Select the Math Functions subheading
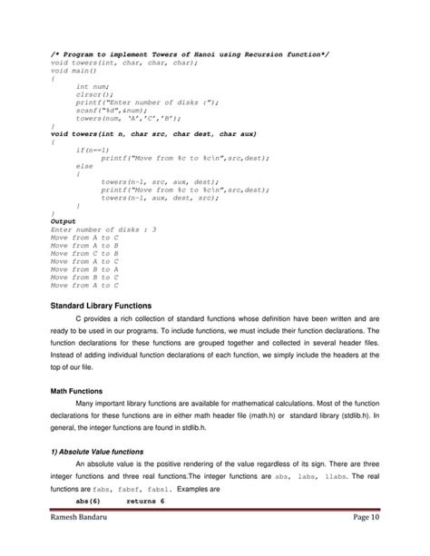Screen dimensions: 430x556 tap(78, 390)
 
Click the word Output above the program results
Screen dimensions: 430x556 tap(63, 220)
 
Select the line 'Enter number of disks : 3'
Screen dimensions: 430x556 tap(103, 229)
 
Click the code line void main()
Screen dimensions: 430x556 tap(74, 71)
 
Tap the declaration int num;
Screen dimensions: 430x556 tap(93, 86)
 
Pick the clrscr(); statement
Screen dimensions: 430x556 tap(95, 94)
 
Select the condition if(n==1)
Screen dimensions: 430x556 tap(93, 150)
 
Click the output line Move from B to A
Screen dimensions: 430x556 tap(85, 268)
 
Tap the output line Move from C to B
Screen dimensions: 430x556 tap(85, 253)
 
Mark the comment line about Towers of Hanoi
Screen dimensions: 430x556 tap(189, 54)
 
